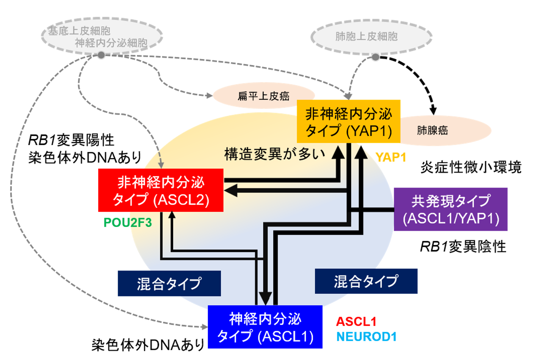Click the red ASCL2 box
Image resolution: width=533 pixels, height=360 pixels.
coord(161,190)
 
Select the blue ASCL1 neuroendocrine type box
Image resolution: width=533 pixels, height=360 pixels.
coord(265,327)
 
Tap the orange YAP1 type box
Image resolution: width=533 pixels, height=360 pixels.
coord(349,121)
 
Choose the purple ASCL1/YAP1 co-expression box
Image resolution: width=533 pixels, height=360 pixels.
coord(451,209)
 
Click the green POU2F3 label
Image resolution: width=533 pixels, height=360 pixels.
coord(128,223)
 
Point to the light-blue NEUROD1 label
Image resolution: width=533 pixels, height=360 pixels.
coord(367,337)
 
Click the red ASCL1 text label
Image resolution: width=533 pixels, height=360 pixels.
coord(356,322)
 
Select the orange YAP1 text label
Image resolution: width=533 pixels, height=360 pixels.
coord(391,157)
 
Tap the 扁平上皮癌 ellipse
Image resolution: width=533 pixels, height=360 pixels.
coord(264,96)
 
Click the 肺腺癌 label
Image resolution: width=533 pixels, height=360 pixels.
coord(432,130)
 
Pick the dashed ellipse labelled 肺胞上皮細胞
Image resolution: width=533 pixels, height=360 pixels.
coord(371,37)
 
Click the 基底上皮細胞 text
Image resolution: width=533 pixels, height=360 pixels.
coord(79,31)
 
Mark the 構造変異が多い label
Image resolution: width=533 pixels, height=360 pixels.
coord(275,154)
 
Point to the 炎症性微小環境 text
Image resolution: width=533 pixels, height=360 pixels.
coord(471,167)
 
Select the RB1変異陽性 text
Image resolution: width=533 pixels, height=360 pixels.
coord(71,140)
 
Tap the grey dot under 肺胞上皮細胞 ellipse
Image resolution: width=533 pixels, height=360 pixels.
coord(375,57)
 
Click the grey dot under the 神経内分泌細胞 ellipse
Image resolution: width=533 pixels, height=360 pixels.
coord(101,55)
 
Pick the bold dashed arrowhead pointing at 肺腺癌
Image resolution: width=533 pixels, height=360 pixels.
coord(433,111)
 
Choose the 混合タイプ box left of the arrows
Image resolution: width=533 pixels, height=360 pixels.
coord(169,283)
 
